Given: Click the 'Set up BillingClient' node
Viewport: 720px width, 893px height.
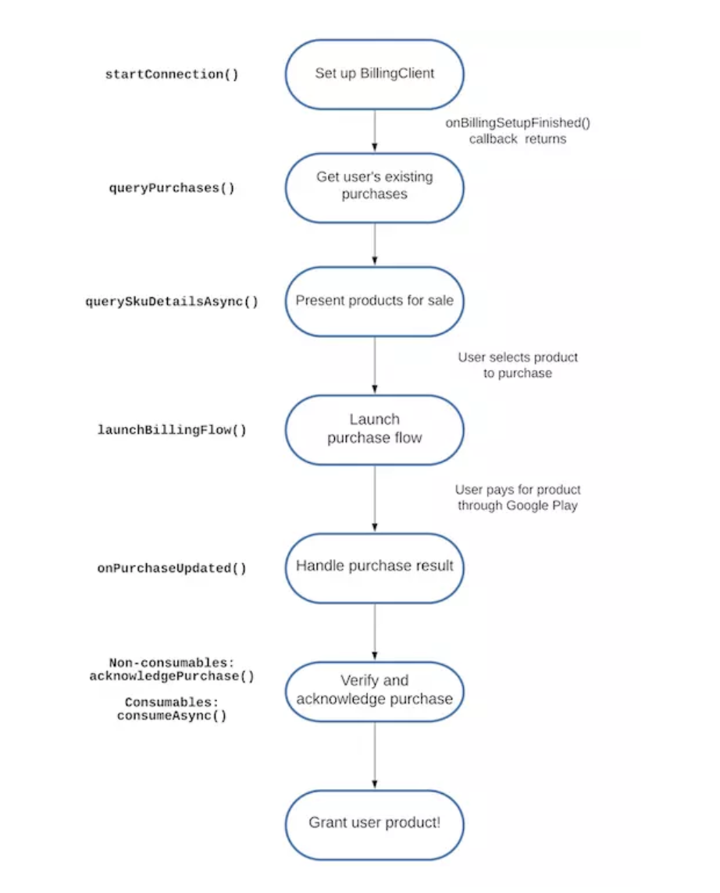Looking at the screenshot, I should tap(375, 74).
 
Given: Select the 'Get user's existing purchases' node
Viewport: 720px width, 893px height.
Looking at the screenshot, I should tap(375, 187).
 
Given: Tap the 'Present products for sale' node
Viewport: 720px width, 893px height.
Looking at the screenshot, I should tap(375, 301).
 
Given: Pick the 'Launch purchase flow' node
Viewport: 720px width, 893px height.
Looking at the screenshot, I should tap(375, 429).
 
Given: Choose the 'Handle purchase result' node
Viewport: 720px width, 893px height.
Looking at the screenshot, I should tap(375, 567).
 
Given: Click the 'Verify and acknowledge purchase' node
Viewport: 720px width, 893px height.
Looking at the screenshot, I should tap(375, 690).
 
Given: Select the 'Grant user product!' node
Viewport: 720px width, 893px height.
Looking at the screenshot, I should tap(375, 824).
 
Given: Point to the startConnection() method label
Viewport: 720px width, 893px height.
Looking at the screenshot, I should tap(172, 75).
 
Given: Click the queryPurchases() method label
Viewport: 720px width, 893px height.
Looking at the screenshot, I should tap(172, 188).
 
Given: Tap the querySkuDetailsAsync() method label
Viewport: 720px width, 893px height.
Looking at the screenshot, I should tap(172, 301).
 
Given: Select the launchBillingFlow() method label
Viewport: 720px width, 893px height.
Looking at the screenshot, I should tap(172, 430).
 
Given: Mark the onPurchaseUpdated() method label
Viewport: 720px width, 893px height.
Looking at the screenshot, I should tap(172, 568).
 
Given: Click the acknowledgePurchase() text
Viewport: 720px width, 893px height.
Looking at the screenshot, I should tap(172, 676).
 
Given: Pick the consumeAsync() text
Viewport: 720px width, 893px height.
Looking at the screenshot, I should tap(172, 715).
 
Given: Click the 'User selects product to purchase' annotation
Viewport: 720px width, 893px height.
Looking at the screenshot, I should tap(518, 365).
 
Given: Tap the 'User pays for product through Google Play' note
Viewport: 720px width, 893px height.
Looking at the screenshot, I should tap(518, 498).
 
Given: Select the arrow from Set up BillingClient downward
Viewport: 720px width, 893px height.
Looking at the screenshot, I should tap(375, 130).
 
